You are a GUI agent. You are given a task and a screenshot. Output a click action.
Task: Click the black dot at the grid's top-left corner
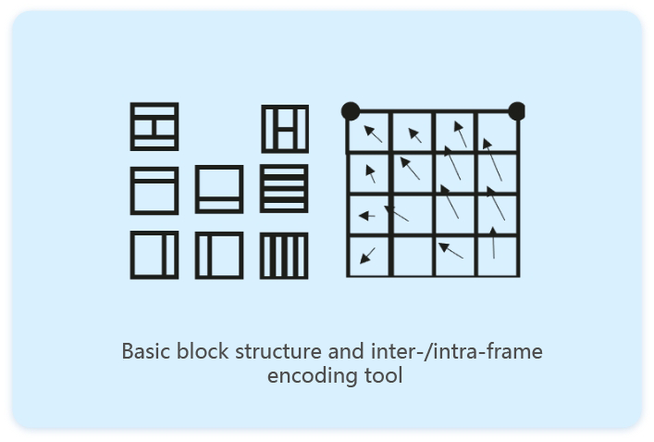(351, 111)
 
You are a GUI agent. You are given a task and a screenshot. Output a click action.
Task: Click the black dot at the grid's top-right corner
(517, 111)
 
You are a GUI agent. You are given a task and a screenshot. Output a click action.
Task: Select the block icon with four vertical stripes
(284, 256)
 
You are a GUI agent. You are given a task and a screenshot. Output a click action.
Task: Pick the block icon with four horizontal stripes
(284, 189)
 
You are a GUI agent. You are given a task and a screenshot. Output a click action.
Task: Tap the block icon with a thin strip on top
(154, 190)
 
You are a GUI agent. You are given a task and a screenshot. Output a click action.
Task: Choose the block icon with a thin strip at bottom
(219, 189)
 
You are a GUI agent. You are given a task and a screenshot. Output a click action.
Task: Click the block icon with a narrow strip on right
(154, 256)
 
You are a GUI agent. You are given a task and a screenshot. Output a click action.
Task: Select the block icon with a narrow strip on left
(219, 256)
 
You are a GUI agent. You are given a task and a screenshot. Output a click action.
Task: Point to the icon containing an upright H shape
(284, 128)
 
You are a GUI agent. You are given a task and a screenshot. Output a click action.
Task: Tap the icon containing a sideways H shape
(154, 126)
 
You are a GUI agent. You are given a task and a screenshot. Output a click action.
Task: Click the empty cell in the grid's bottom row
(413, 256)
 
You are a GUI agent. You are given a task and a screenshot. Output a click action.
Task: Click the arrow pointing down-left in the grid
(368, 255)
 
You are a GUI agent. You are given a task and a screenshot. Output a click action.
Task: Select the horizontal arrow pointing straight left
(366, 216)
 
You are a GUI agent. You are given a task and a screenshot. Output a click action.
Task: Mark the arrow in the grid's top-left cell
(373, 133)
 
